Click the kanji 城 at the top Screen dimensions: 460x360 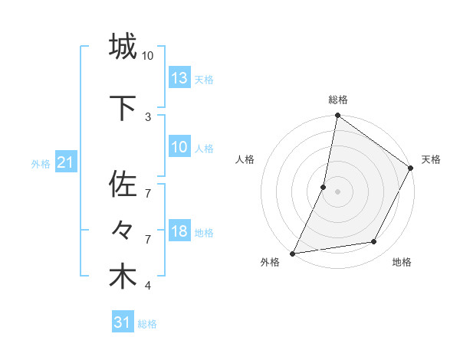123,47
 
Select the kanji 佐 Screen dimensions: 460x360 123,185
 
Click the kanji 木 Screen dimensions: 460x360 123,277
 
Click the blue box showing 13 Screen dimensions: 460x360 179,77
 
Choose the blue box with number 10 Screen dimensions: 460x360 179,147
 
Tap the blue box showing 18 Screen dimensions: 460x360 179,231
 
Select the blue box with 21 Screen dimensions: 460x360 66,162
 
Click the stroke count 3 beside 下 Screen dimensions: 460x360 148,116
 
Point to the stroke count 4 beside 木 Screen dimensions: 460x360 148,286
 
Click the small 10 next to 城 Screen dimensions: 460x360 148,56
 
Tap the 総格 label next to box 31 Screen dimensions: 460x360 147,324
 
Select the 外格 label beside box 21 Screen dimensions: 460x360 41,164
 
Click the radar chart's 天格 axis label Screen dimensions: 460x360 431,159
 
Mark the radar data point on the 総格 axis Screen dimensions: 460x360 337,116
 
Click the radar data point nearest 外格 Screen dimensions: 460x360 293,253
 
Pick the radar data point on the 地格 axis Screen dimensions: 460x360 374,242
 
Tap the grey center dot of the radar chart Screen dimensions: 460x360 337,191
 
